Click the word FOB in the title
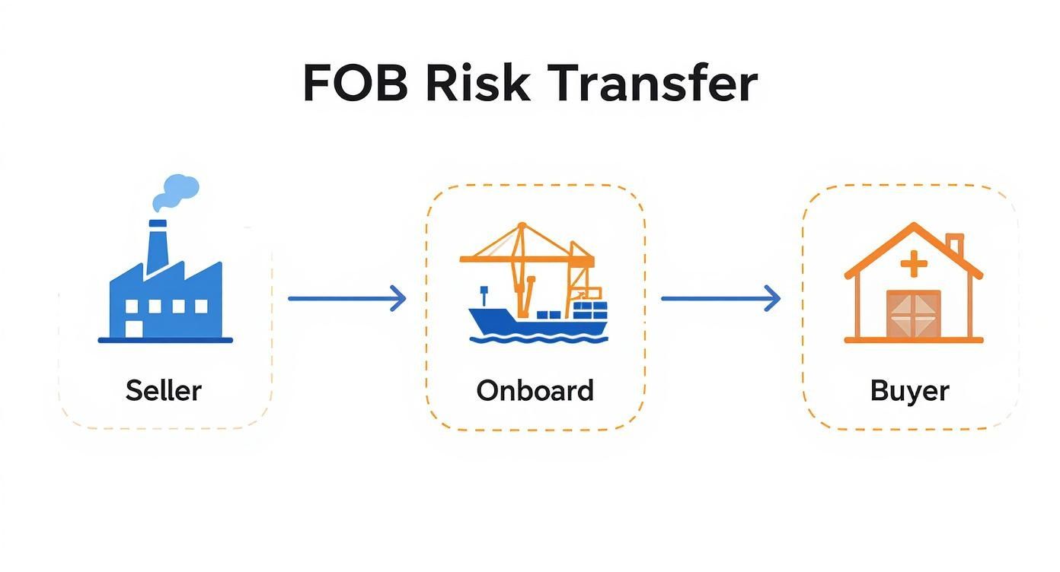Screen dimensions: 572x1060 point(355,83)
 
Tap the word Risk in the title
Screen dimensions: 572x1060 point(477,83)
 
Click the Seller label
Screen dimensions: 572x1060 point(164,390)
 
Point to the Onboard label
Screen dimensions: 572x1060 point(535,390)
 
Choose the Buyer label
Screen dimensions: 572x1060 point(909,391)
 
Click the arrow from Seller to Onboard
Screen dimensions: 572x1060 point(346,298)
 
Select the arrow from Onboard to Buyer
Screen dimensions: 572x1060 point(720,298)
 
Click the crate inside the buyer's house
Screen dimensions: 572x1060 point(914,314)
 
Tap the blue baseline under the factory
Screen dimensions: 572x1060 point(165,340)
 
